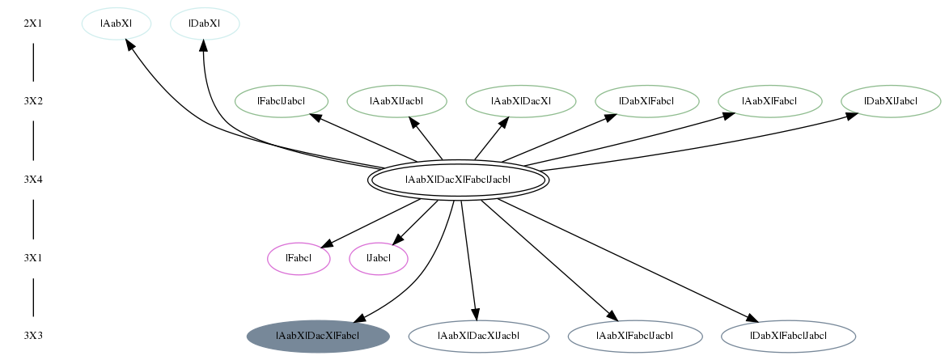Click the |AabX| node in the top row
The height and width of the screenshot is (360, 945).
pyautogui.click(x=117, y=23)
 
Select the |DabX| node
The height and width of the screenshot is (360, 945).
pyautogui.click(x=205, y=23)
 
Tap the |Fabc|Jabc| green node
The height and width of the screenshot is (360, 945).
pyautogui.click(x=281, y=101)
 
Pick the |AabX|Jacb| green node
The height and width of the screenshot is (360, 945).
pyautogui.click(x=396, y=101)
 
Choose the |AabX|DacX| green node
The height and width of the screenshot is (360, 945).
pyautogui.click(x=521, y=101)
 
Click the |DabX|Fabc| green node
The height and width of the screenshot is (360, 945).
pyautogui.click(x=647, y=101)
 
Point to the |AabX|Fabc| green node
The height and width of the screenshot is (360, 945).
pyautogui.click(x=769, y=101)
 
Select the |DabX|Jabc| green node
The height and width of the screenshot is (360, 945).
pyautogui.click(x=891, y=101)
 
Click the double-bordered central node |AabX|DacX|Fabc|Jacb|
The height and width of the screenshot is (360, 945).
pyautogui.click(x=458, y=180)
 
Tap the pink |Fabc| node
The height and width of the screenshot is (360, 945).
pyautogui.click(x=299, y=259)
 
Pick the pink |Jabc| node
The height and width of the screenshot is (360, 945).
pyautogui.click(x=379, y=259)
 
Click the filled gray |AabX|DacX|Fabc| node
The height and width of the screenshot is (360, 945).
pyautogui.click(x=318, y=336)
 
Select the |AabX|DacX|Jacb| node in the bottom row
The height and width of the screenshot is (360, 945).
pyautogui.click(x=479, y=336)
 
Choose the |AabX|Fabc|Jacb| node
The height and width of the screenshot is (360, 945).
pyautogui.click(x=635, y=336)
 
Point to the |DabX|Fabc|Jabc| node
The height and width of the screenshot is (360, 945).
pyautogui.click(x=788, y=336)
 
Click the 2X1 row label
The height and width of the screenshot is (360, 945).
pyautogui.click(x=33, y=23)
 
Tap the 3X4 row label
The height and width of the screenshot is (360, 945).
pyautogui.click(x=33, y=180)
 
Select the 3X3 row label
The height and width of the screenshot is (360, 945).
pyautogui.click(x=33, y=336)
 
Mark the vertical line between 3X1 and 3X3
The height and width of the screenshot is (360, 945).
pyautogui.click(x=33, y=297)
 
